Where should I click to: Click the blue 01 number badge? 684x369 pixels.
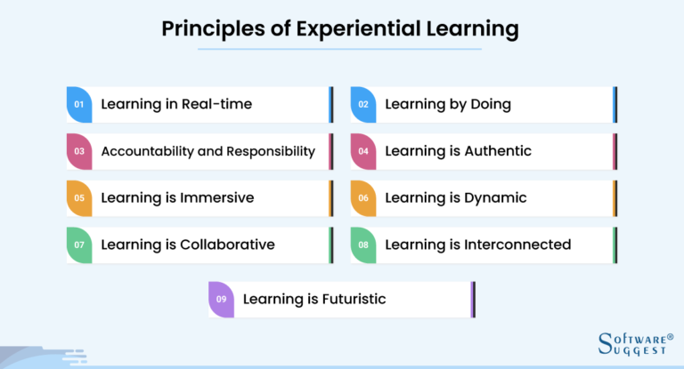79,104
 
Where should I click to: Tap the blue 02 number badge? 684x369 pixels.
363,104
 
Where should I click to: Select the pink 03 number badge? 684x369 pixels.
79,151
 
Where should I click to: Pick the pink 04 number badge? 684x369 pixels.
363,151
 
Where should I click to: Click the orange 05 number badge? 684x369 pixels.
79,198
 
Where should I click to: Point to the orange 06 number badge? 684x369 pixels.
363,198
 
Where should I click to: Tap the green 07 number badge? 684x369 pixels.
79,245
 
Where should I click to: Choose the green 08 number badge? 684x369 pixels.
363,245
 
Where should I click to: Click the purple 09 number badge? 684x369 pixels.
222,300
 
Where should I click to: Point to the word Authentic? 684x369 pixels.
498,151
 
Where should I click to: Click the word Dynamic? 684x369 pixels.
496,197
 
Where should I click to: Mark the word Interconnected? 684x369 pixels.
517,245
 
